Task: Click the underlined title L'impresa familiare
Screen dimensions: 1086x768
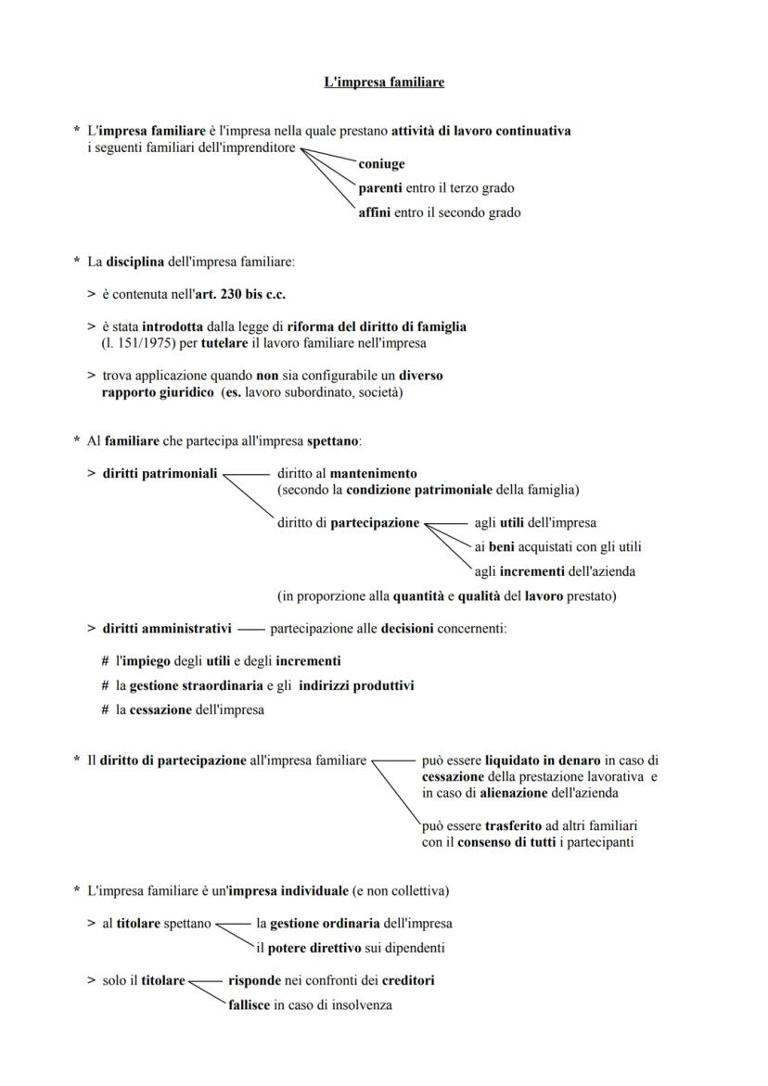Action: click(x=384, y=83)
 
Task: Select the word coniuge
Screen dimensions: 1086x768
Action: click(x=381, y=164)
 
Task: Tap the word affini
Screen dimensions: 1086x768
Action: click(x=375, y=212)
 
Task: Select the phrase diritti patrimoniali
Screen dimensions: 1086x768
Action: click(x=160, y=474)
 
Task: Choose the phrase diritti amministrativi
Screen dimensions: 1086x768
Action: click(x=167, y=629)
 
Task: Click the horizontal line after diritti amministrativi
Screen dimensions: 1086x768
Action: click(x=250, y=630)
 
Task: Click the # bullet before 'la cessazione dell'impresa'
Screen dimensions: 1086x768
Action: click(x=106, y=710)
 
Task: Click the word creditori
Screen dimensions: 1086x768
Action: click(x=403, y=980)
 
